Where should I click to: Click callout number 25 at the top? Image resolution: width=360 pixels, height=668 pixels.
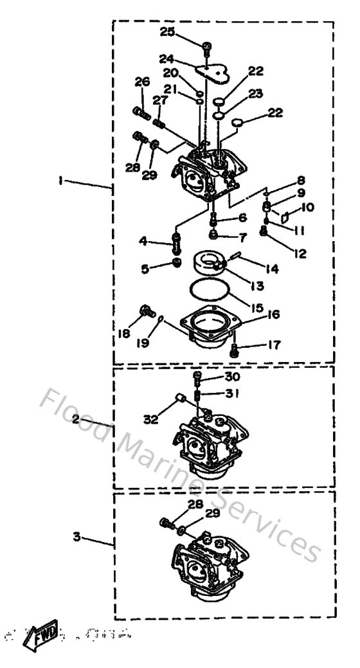point(167,32)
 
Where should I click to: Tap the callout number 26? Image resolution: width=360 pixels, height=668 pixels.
point(142,82)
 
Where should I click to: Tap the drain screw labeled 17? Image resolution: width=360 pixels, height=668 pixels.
point(235,350)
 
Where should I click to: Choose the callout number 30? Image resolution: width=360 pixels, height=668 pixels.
point(231,377)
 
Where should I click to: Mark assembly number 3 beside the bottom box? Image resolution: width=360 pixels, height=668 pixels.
point(76,536)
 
